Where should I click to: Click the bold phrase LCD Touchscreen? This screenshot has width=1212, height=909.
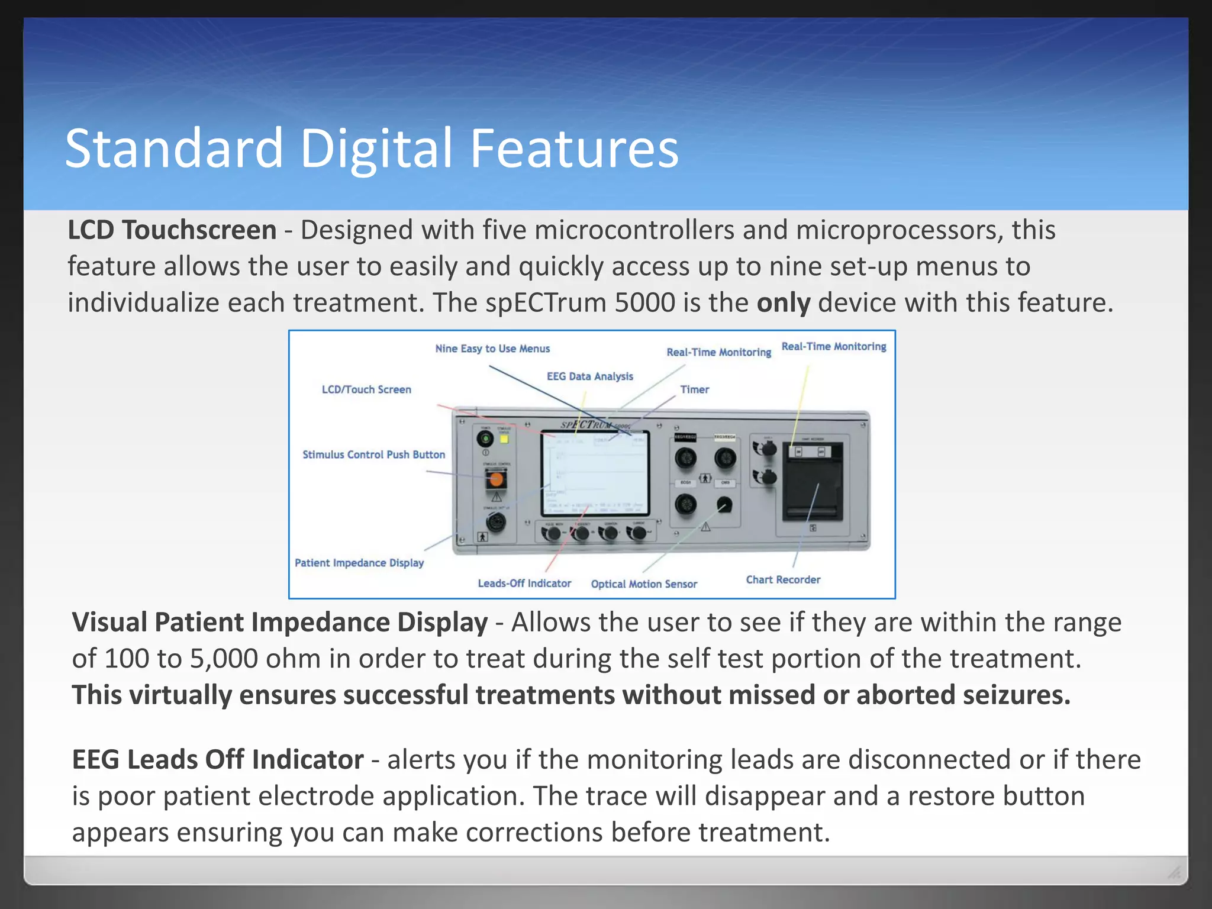tap(172, 230)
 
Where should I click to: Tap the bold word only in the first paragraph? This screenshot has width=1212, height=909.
tap(783, 303)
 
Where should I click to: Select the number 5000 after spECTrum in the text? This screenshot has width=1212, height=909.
tap(644, 303)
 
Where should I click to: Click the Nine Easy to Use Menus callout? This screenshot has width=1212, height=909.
tap(492, 349)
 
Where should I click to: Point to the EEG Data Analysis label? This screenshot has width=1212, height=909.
tap(589, 376)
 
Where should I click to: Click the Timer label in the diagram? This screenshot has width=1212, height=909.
tap(694, 389)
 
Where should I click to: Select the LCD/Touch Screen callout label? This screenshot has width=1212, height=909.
tap(366, 389)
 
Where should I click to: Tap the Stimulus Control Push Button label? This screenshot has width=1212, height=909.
tap(373, 454)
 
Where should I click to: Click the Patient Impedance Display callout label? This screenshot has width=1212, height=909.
tap(359, 563)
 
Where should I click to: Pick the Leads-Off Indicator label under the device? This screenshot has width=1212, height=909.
tap(524, 584)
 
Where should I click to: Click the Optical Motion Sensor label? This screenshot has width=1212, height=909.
tap(644, 584)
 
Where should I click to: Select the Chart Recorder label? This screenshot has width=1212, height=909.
tap(783, 580)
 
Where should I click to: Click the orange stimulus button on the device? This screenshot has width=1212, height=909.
tap(496, 479)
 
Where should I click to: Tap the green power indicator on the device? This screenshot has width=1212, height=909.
tap(485, 439)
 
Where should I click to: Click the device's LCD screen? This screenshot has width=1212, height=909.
tap(595, 473)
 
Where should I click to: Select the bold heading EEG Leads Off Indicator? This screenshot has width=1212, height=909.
tap(217, 760)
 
